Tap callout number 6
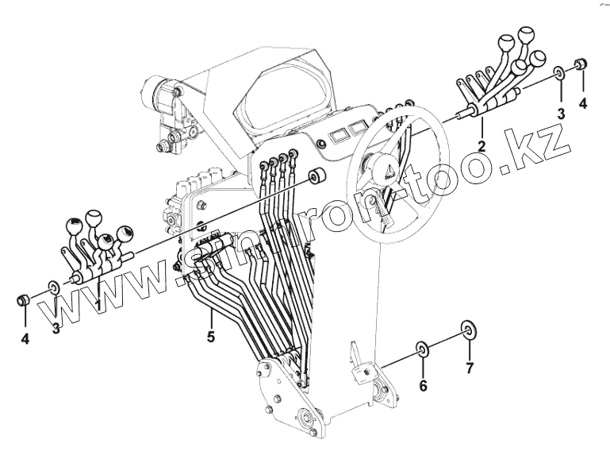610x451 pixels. (424, 386)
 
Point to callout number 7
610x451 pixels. (469, 368)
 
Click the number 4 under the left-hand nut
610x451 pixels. (25, 339)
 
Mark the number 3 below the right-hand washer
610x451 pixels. (561, 114)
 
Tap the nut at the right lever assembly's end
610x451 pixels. (581, 64)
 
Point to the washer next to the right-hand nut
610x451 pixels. (560, 73)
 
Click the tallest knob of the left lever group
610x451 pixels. (94, 215)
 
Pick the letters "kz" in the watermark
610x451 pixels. (549, 143)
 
